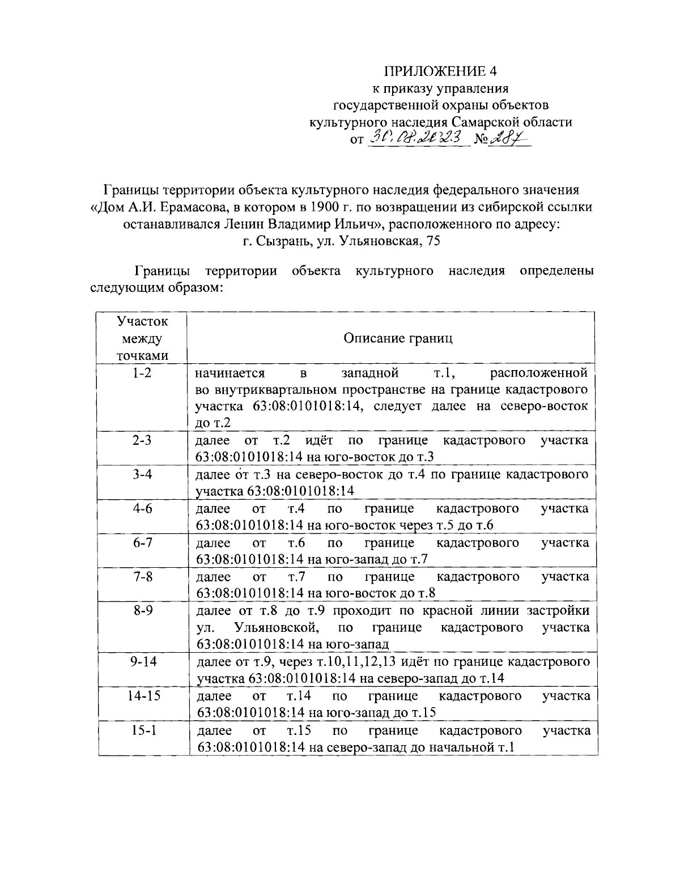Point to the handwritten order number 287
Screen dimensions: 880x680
[x=506, y=137]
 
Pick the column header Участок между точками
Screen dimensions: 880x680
[x=142, y=338]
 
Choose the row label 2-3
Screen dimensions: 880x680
[x=142, y=440]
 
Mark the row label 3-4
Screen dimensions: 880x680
[x=142, y=474]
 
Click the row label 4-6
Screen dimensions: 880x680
[x=142, y=508]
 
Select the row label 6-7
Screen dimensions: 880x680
[x=142, y=542]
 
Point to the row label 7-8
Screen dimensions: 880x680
[x=142, y=576]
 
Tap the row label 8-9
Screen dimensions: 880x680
[x=142, y=610]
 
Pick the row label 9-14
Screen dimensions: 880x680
[x=142, y=661]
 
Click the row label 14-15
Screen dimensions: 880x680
[x=142, y=695]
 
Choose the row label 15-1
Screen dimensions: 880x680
[x=142, y=730]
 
